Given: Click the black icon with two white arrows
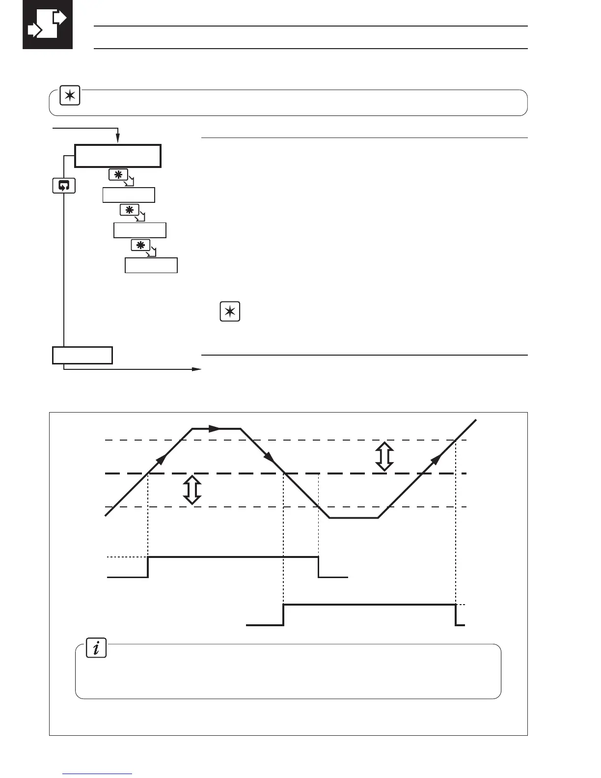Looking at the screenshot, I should coord(48,24).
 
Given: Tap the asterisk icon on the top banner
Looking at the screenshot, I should coord(70,96).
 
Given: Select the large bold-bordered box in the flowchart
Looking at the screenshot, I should coord(118,156).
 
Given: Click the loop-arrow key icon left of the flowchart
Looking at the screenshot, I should coord(64,186).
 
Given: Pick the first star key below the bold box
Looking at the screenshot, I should coord(118,175).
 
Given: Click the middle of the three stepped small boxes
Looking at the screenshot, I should coord(140,230).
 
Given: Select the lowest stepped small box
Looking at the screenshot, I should coord(151,265).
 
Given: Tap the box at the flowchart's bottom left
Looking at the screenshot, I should coord(82,355).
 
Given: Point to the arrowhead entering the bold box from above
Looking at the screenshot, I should coord(118,141).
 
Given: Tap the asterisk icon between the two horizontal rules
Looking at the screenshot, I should coord(230,312).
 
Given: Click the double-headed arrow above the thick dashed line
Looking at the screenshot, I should coord(384,456).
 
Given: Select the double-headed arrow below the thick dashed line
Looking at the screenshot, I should coord(192,490).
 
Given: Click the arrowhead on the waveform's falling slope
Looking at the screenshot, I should coord(270,458).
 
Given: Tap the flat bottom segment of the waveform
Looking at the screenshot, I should coord(354,518).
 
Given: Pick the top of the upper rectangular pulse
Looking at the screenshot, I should coord(233,557).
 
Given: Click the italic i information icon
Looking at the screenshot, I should coord(96,648).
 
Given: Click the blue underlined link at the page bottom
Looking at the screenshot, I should coord(98,774).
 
